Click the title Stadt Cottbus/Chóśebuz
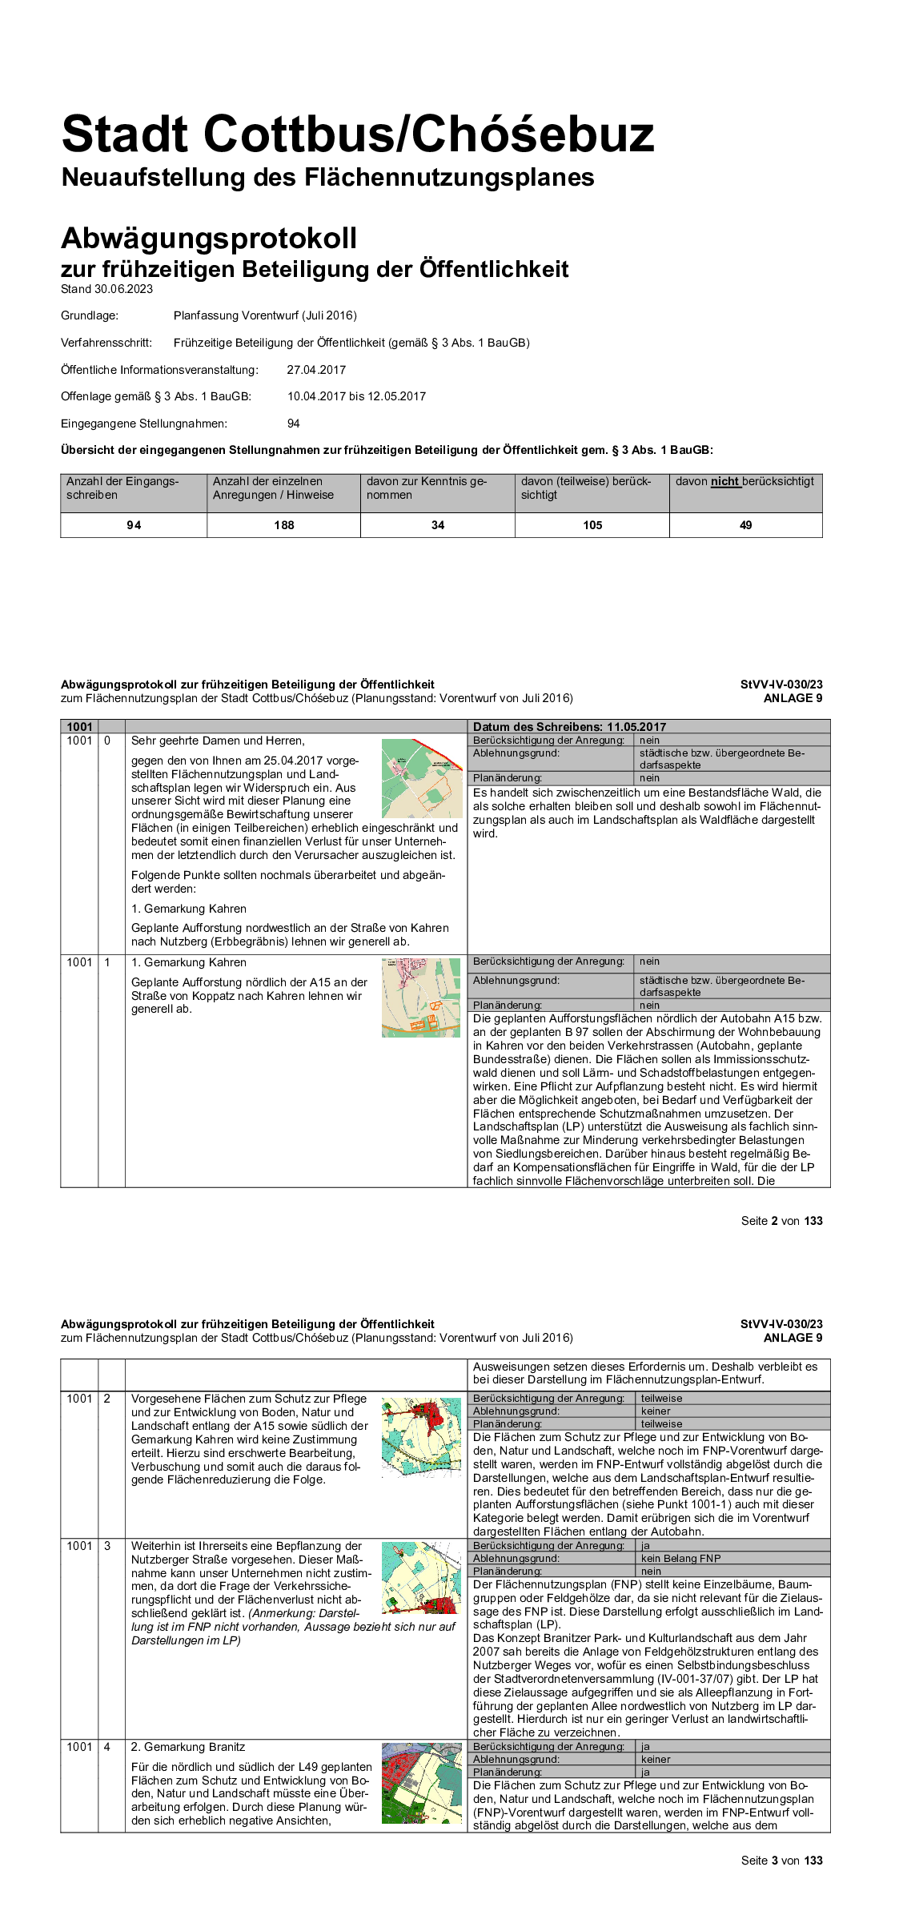358,134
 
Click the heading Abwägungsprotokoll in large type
209,239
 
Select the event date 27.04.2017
316,370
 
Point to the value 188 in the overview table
284,525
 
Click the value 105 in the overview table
592,525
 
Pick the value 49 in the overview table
745,525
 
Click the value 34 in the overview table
438,525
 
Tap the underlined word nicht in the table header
724,482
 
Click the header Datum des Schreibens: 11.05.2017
569,727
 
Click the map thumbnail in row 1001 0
422,778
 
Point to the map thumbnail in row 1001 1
421,998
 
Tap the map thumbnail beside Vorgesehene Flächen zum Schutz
422,1436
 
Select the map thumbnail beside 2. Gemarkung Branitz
422,1783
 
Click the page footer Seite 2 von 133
781,1221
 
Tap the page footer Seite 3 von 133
781,1861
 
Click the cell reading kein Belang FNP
680,1559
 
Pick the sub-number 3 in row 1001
107,1546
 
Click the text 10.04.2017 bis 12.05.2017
356,396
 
